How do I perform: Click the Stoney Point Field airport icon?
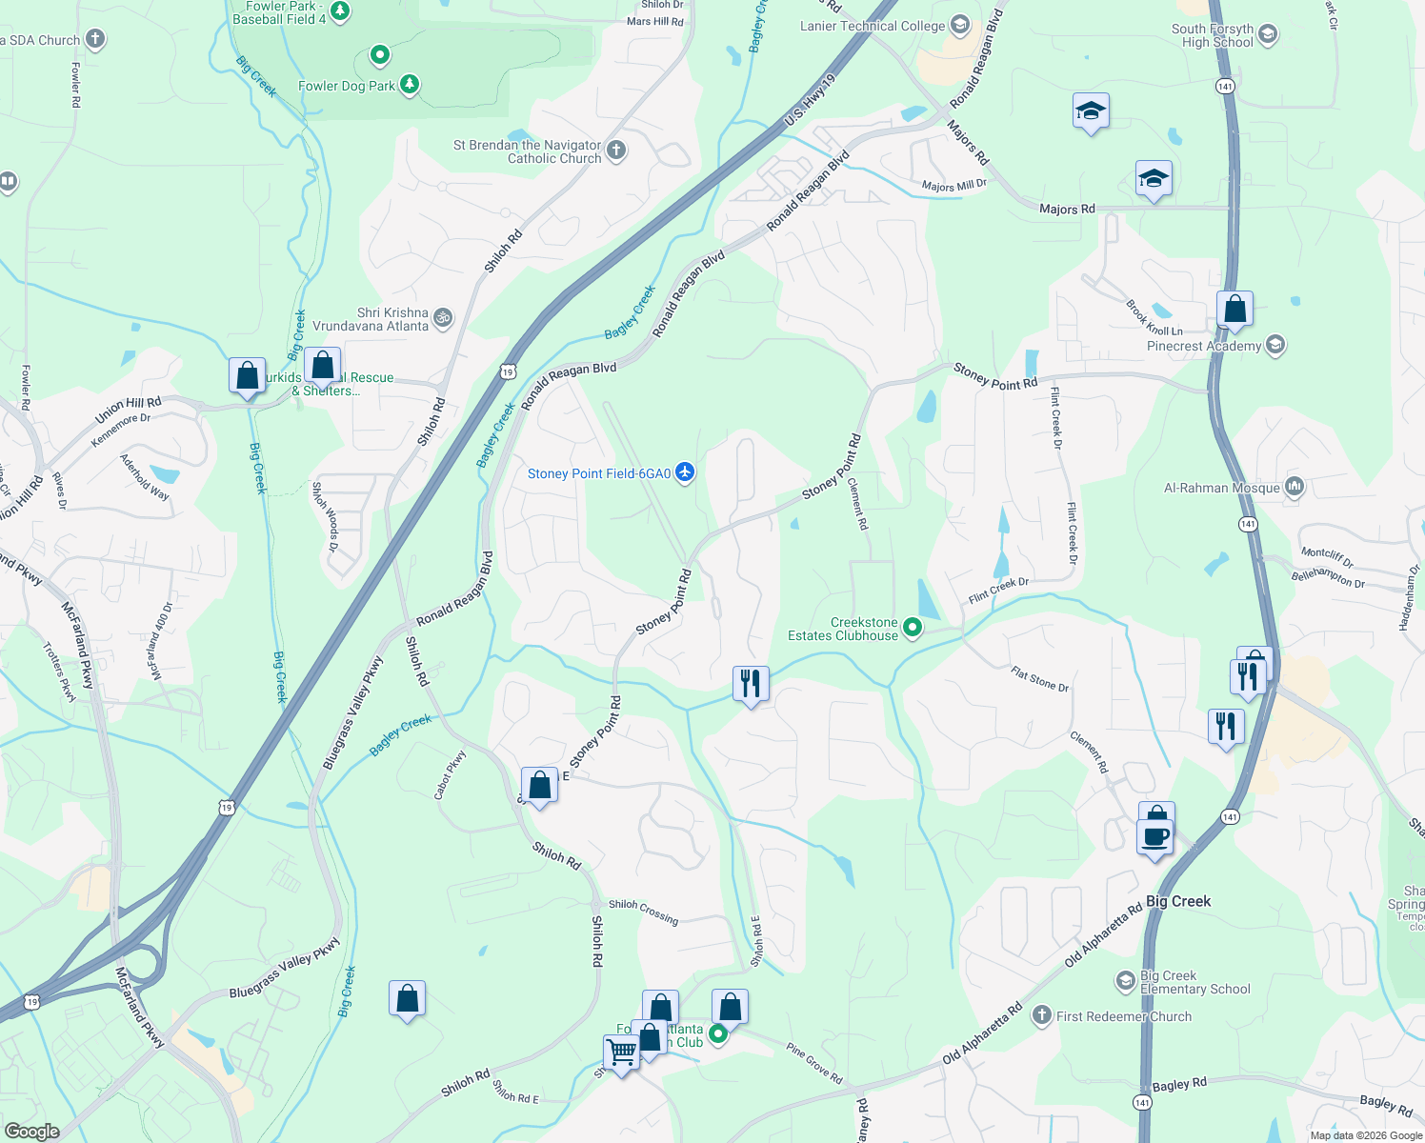click(685, 472)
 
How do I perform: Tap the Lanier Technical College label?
click(872, 26)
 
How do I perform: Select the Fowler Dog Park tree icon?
click(410, 85)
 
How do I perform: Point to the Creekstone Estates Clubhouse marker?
click(913, 627)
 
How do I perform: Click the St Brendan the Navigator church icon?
click(616, 150)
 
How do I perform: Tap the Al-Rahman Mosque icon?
click(1294, 487)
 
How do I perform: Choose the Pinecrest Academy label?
click(1203, 346)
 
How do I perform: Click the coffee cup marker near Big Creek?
click(1155, 837)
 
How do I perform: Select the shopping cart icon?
click(621, 1053)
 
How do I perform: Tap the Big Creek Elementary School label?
click(1194, 982)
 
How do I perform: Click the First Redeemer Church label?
click(1123, 1016)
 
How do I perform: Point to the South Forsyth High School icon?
click(1267, 35)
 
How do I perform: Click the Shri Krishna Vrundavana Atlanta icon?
click(443, 318)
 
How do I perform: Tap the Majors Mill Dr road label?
click(953, 186)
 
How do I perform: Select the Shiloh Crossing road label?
click(644, 911)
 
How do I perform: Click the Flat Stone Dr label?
click(1039, 679)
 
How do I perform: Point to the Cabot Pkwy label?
click(450, 774)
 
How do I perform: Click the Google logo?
click(31, 1131)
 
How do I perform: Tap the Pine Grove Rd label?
click(814, 1062)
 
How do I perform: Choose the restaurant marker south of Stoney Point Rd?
click(751, 683)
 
